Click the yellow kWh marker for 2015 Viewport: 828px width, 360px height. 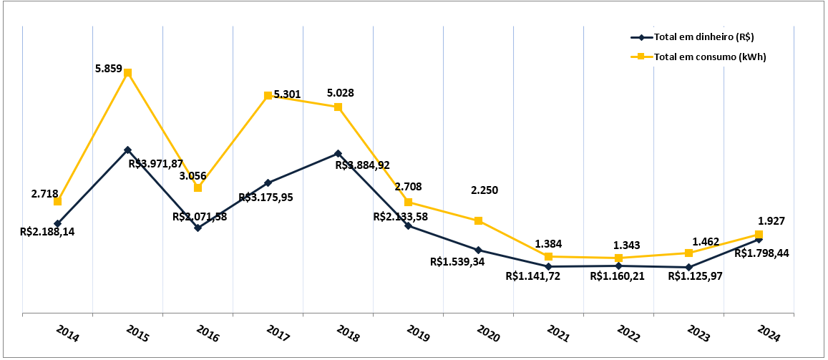click(x=127, y=72)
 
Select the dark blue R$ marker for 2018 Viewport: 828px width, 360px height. click(x=338, y=153)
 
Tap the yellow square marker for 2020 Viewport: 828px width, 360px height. click(x=478, y=220)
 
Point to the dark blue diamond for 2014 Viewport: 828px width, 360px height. click(x=57, y=223)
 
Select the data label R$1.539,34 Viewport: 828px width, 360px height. click(x=457, y=262)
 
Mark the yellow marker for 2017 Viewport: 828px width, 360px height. click(x=268, y=95)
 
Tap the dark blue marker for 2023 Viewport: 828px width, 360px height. click(x=688, y=267)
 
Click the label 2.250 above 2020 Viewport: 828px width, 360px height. click(x=484, y=190)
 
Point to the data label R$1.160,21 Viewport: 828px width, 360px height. click(x=618, y=276)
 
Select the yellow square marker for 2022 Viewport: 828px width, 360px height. click(x=618, y=258)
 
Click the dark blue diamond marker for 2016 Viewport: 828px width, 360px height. click(x=198, y=228)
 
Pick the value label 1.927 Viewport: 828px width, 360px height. click(x=771, y=221)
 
